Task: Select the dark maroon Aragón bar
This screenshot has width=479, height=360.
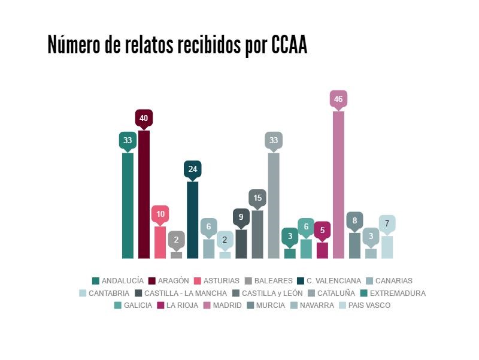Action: click(144, 194)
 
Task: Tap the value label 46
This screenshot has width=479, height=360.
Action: click(338, 99)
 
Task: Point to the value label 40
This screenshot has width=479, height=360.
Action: click(144, 118)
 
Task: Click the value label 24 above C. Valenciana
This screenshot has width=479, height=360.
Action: click(192, 169)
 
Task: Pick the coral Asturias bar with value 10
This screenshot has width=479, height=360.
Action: click(160, 242)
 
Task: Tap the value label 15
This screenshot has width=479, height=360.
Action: click(257, 198)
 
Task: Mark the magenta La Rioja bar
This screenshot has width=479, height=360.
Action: click(322, 250)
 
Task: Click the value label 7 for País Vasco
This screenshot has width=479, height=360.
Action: click(387, 223)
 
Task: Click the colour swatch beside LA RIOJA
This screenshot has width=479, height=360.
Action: click(160, 305)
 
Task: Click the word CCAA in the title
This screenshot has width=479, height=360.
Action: click(289, 45)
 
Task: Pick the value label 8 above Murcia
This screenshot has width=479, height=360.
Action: click(354, 220)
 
